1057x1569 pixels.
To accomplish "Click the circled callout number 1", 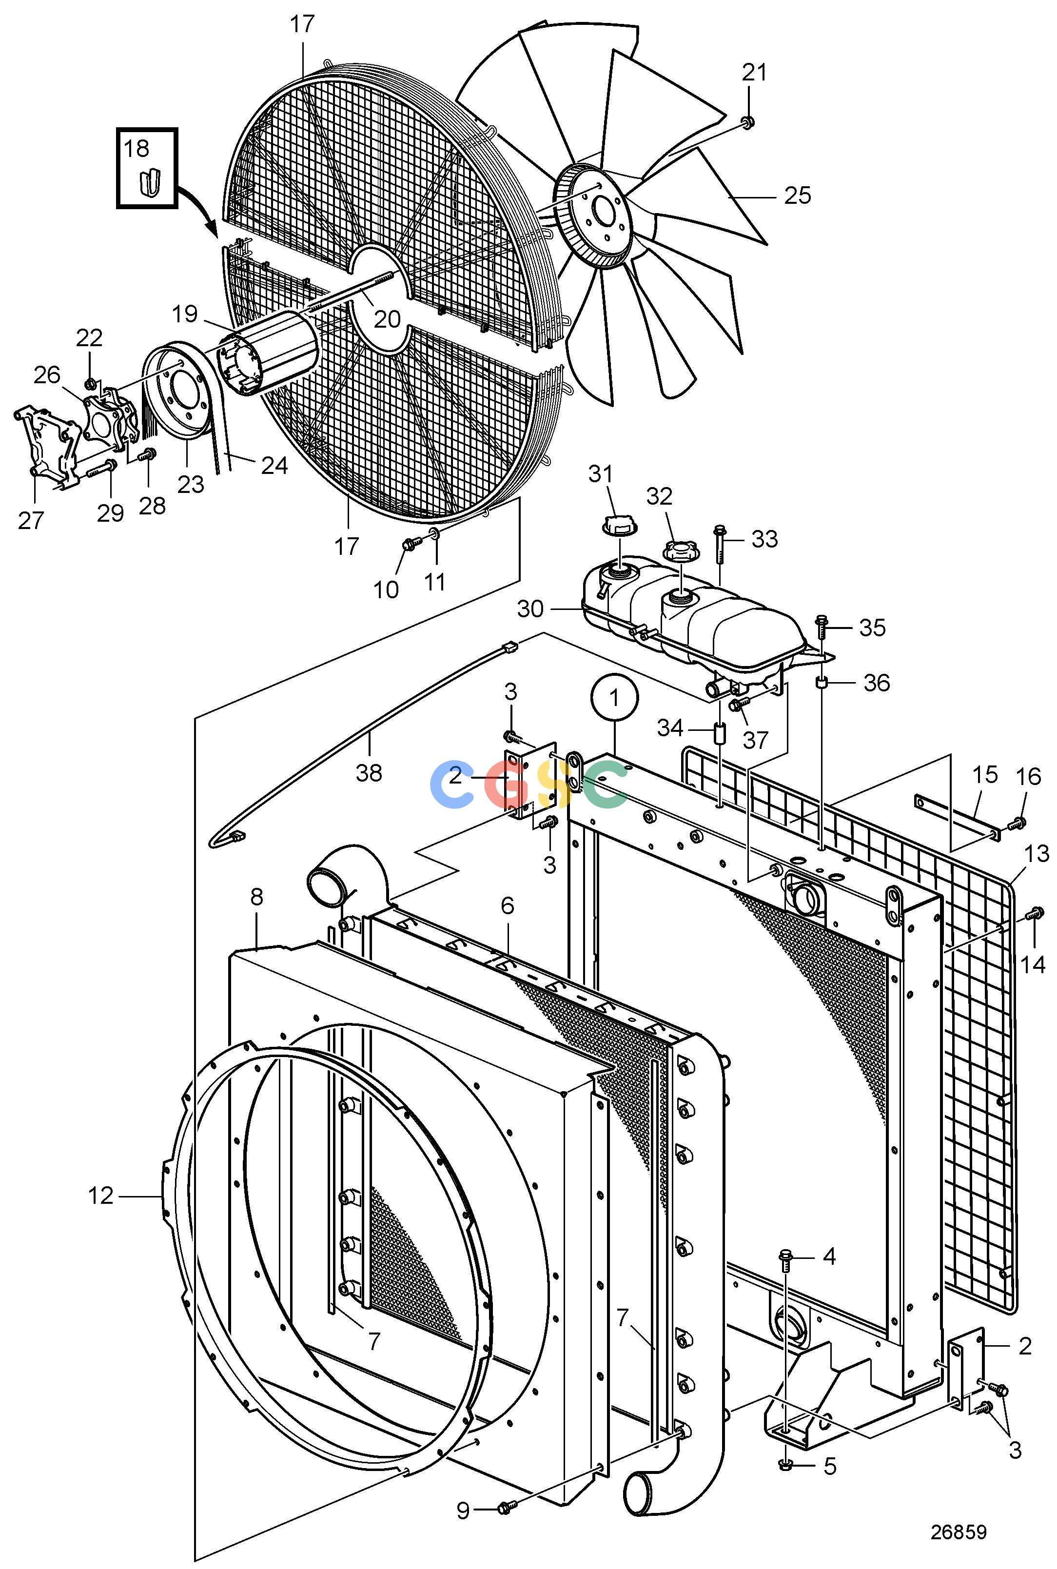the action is [x=614, y=699].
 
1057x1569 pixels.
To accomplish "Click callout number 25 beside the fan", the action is [x=798, y=196].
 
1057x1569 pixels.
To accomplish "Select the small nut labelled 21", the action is [x=747, y=122].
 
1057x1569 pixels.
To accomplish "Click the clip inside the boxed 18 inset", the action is [x=150, y=181].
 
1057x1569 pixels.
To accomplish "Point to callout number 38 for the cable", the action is [x=369, y=772].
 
